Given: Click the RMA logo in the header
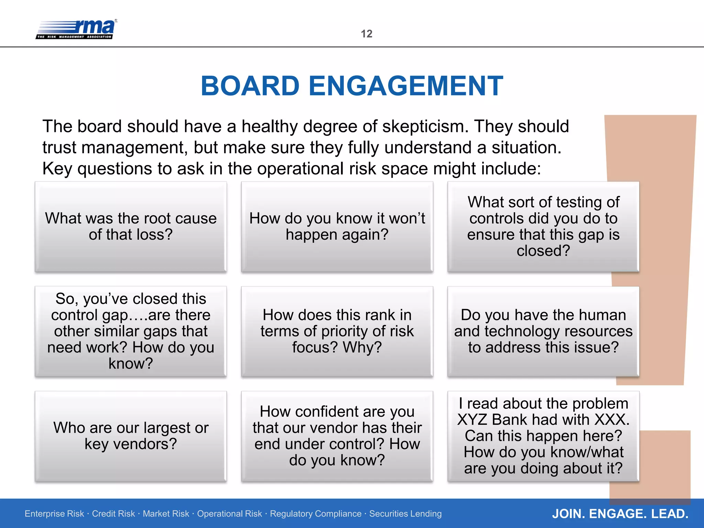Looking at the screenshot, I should tap(76, 29).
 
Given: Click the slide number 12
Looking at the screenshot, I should tap(366, 34).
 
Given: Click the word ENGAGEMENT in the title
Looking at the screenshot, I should tap(406, 86).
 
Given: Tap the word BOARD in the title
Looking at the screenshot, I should tap(250, 86).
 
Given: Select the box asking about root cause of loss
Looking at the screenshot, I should tap(131, 227).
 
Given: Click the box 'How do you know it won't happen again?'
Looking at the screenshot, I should tap(337, 227).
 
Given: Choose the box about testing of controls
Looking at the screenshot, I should tap(543, 227).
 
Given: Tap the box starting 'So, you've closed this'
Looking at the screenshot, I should tap(131, 331).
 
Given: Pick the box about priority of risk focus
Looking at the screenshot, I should tap(337, 331).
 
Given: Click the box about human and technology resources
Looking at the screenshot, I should tap(543, 331).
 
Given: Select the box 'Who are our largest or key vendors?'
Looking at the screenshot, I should tap(131, 436).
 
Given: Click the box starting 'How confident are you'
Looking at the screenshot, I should tap(337, 436).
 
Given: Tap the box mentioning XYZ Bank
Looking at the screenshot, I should tap(543, 436).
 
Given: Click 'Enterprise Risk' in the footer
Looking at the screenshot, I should tap(54, 514).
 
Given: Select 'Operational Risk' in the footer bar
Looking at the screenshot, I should tap(229, 514).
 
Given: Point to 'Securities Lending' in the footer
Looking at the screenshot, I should tap(405, 514).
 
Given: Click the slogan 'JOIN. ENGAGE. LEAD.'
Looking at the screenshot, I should tap(620, 514).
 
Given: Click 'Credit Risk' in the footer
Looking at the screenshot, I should tap(113, 514).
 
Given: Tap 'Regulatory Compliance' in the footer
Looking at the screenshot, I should tap(316, 514).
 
